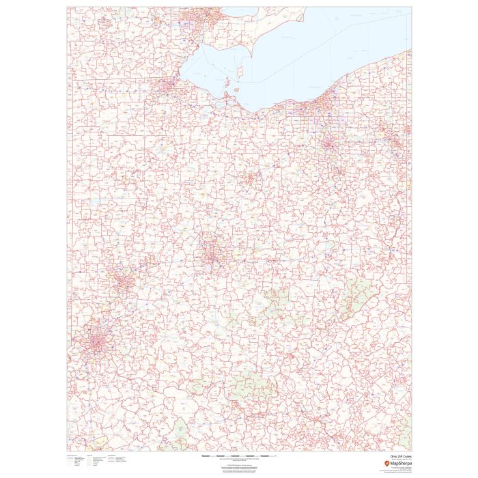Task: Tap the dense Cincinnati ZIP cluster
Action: point(92,342)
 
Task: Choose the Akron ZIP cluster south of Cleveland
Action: point(330,143)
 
